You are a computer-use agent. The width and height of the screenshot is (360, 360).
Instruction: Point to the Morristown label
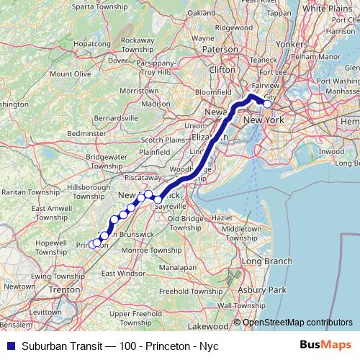click(138, 91)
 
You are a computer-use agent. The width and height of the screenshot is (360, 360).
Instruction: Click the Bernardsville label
click(114, 117)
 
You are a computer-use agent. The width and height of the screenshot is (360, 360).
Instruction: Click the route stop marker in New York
click(267, 104)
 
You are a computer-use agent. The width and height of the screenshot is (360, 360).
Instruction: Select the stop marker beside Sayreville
click(158, 199)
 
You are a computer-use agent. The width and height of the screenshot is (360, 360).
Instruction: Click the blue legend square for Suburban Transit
click(7, 346)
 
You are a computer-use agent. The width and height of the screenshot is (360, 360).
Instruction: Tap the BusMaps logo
click(330, 346)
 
